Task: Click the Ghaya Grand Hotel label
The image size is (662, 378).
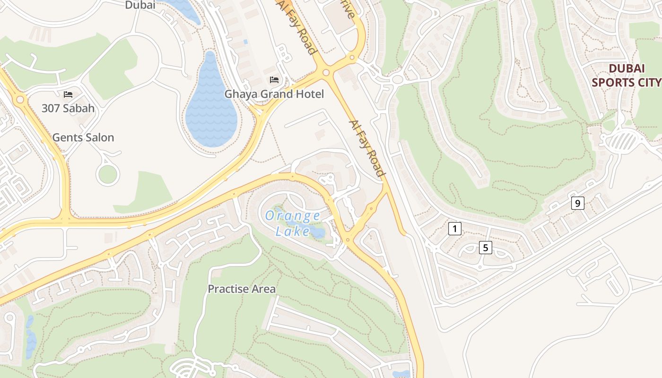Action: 274,94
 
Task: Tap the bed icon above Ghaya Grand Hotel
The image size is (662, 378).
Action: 274,79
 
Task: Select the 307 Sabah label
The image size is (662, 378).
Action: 68,108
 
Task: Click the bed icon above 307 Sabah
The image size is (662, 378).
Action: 68,94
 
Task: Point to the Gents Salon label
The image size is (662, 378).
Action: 83,137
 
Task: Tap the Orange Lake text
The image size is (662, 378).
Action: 293,223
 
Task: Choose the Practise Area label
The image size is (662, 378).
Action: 242,289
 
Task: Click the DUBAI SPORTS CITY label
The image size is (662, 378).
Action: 626,75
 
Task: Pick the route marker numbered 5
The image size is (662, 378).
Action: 485,247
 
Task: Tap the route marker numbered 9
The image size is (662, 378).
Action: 577,204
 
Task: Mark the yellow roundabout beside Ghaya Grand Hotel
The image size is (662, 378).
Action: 325,72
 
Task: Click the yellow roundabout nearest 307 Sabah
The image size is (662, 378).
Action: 20,100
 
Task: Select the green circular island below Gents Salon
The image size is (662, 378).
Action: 108,174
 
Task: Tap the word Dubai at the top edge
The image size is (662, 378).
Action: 140,5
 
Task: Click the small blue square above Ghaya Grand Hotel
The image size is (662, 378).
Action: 245,42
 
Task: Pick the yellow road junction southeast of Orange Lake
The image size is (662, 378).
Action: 348,240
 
